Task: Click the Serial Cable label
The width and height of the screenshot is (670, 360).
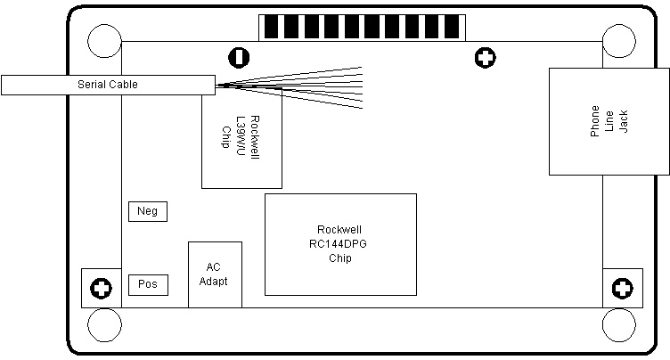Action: pyautogui.click(x=108, y=85)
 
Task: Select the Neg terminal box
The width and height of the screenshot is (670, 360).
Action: pyautogui.click(x=148, y=211)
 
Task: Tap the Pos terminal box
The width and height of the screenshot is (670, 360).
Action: pyautogui.click(x=148, y=285)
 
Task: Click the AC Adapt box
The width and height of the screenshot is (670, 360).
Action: pyautogui.click(x=215, y=274)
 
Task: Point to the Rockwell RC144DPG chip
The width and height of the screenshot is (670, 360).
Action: pyautogui.click(x=340, y=244)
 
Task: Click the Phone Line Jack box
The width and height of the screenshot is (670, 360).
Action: pyautogui.click(x=609, y=121)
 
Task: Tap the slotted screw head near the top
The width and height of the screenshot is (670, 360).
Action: pyautogui.click(x=239, y=57)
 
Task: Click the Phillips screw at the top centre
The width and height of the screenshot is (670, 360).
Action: pyautogui.click(x=486, y=57)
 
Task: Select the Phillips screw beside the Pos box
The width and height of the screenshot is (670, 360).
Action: pyautogui.click(x=102, y=288)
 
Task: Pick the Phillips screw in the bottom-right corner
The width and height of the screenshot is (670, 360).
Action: pyautogui.click(x=623, y=288)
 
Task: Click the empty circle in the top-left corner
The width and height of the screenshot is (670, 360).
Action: pyautogui.click(x=105, y=41)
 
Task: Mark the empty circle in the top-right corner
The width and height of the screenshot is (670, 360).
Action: pyautogui.click(x=619, y=41)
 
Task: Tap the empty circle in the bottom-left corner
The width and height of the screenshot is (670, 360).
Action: pyautogui.click(x=105, y=325)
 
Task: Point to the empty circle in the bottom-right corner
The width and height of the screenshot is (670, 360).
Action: pyautogui.click(x=619, y=325)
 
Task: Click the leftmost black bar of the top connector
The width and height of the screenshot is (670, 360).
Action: pyautogui.click(x=272, y=27)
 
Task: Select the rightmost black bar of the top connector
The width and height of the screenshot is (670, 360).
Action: pyautogui.click(x=452, y=27)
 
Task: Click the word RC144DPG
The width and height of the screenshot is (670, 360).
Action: pyautogui.click(x=338, y=244)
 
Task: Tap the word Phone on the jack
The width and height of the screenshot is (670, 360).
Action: pyautogui.click(x=595, y=121)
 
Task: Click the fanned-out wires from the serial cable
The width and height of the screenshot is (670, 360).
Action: pyautogui.click(x=290, y=87)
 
